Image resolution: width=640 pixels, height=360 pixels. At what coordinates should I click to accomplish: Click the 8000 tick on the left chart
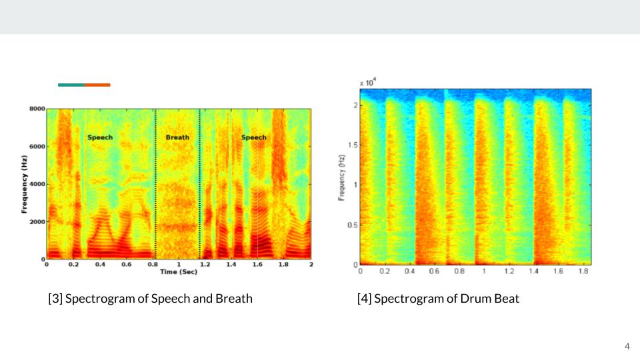point(37,109)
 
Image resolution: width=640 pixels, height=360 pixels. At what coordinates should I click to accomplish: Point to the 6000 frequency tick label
point(37,146)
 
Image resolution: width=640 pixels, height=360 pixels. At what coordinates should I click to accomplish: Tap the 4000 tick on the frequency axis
point(37,184)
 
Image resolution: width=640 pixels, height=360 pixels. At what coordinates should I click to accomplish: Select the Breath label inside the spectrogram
point(177,137)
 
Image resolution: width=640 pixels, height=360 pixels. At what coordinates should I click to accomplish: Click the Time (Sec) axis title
point(177,271)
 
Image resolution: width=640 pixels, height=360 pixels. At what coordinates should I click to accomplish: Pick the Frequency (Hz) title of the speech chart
point(25,184)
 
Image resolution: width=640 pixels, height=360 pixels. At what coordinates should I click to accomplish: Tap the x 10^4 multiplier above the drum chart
point(368,82)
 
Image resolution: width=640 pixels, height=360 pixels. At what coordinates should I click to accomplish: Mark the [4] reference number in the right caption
point(364,299)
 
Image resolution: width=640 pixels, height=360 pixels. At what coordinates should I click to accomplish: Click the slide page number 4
point(627,346)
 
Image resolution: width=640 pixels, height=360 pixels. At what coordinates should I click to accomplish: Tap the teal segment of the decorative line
point(71,85)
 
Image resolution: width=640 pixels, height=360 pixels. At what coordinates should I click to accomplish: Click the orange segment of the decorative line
point(97,85)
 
